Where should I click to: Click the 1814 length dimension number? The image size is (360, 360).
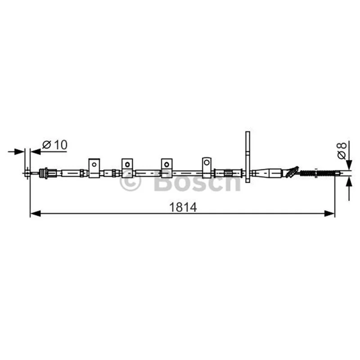[183, 207]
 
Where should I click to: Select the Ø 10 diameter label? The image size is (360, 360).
[55, 144]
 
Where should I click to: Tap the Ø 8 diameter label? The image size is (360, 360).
[342, 151]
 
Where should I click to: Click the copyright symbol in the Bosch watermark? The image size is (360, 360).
[130, 182]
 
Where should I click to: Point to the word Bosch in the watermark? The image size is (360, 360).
[197, 181]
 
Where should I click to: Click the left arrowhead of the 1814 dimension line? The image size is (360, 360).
[36, 213]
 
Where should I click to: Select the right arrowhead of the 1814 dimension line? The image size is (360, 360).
[329, 213]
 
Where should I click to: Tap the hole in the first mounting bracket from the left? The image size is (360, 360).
[94, 164]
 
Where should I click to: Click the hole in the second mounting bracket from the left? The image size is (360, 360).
[127, 164]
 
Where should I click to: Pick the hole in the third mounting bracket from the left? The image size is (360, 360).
[166, 164]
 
